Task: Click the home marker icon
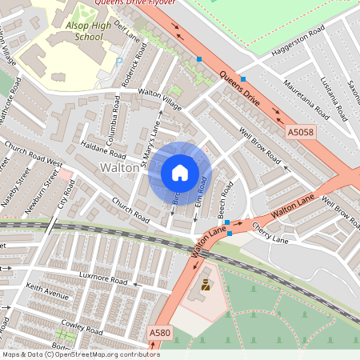pyautogui.click(x=179, y=172)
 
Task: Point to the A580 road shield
pyautogui.click(x=160, y=332)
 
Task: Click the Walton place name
pyautogui.click(x=119, y=168)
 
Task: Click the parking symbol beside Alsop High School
pyautogui.click(x=119, y=61)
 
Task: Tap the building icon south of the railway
pyautogui.click(x=207, y=286)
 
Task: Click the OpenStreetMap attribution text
pyautogui.click(x=81, y=354)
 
